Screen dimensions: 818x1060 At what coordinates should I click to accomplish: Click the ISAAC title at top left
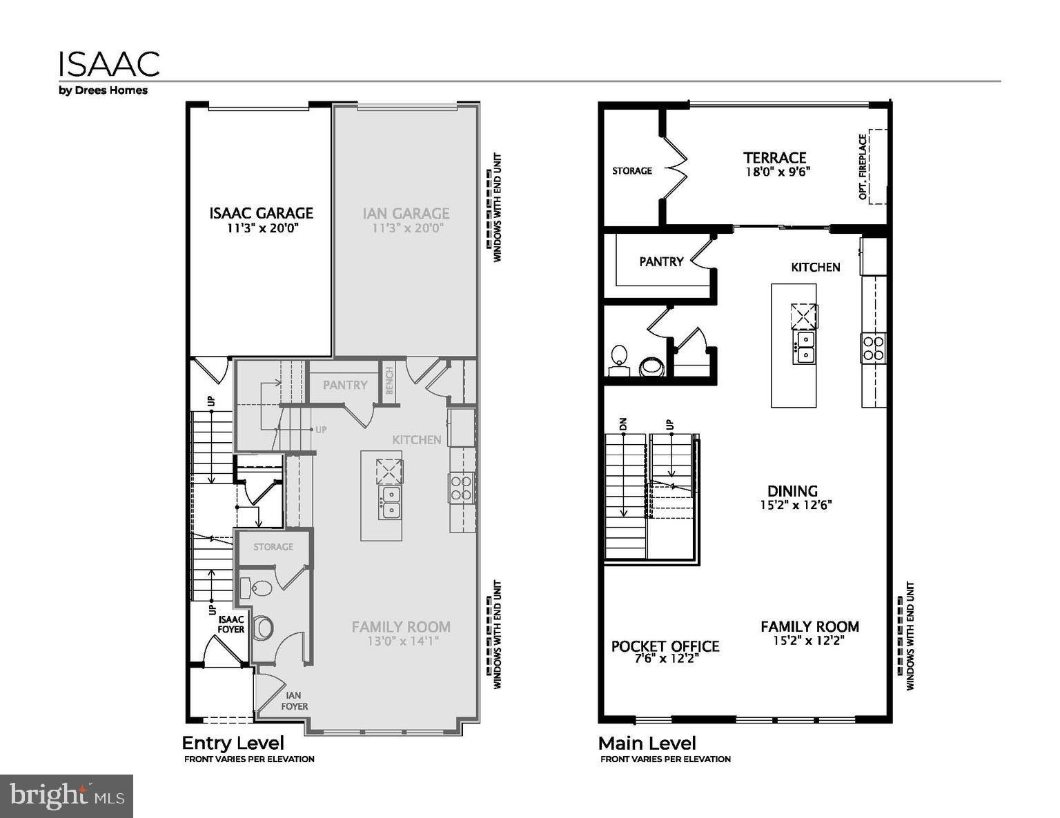[109, 63]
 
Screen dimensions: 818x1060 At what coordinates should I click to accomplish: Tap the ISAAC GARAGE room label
[261, 213]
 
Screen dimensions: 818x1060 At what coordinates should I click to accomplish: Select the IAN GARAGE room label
[406, 213]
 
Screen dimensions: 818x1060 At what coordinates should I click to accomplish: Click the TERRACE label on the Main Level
[774, 157]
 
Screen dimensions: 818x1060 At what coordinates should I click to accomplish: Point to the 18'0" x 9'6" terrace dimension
[777, 172]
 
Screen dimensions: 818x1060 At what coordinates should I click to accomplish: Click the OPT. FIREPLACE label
[863, 167]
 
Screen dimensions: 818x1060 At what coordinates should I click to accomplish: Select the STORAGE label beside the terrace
[631, 170]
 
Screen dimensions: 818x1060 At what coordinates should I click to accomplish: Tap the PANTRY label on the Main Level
[660, 261]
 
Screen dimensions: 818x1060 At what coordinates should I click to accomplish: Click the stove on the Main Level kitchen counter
[873, 347]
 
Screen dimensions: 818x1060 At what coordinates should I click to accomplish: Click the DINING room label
[792, 491]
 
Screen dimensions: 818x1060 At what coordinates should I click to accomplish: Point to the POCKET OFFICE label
[665, 646]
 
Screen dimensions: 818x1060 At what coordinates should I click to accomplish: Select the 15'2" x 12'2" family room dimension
[809, 641]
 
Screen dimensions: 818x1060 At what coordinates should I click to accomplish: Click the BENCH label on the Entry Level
[389, 381]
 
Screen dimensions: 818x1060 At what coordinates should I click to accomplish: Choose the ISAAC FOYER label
[231, 624]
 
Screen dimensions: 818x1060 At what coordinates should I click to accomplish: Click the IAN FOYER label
[293, 701]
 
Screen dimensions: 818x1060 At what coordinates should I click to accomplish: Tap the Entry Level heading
[233, 743]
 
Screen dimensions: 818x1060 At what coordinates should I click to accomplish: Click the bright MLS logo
[66, 796]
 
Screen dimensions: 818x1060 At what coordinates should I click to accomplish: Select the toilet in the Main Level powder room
[618, 356]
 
